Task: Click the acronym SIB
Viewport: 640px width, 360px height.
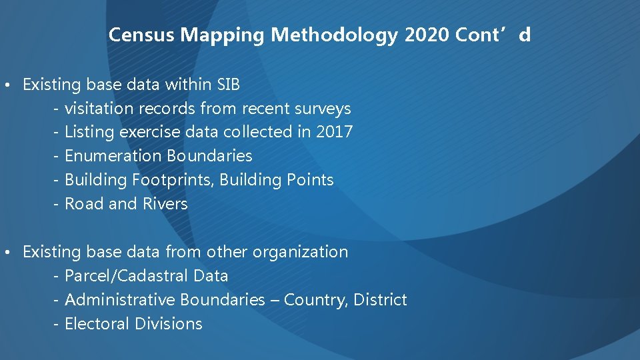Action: (x=229, y=85)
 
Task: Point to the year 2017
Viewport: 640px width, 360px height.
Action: (x=334, y=132)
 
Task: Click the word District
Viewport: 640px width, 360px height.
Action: (x=380, y=300)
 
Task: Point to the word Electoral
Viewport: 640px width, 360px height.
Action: (x=97, y=324)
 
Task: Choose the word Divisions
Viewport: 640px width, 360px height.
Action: (x=168, y=324)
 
